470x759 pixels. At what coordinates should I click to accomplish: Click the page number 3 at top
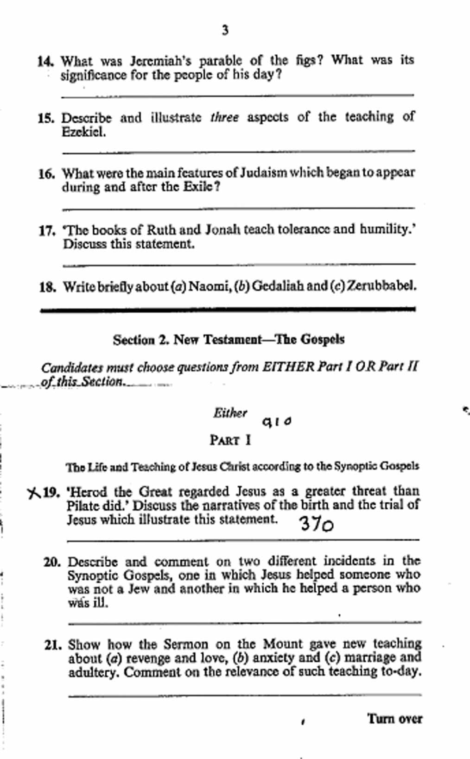(x=225, y=31)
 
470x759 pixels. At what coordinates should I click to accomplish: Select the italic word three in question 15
(x=224, y=118)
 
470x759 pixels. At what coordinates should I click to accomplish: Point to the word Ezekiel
(x=83, y=132)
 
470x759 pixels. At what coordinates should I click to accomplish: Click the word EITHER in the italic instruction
(x=288, y=367)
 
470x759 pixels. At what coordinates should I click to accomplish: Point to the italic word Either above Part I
(x=230, y=413)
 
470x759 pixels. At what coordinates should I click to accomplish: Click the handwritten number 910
(x=277, y=422)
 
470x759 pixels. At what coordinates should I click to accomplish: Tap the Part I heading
(x=230, y=440)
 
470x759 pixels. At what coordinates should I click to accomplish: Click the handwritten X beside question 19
(x=34, y=493)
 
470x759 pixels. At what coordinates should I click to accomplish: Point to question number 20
(x=52, y=562)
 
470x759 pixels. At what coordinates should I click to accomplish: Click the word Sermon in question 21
(x=185, y=645)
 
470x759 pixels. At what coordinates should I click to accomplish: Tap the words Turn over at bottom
(x=394, y=719)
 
